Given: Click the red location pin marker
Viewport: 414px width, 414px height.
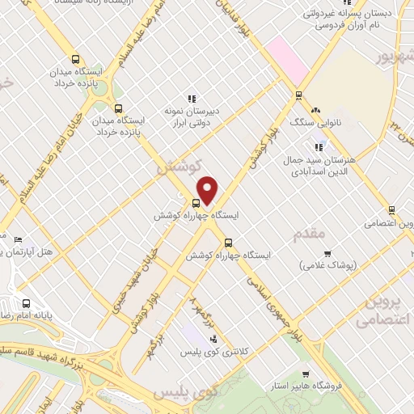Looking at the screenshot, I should click(x=208, y=190).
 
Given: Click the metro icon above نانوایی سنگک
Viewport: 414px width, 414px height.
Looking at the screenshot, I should click(x=298, y=95).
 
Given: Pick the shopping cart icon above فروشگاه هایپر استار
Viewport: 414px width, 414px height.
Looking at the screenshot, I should click(x=305, y=374).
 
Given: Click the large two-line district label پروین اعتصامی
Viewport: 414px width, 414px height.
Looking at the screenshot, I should click(x=380, y=311).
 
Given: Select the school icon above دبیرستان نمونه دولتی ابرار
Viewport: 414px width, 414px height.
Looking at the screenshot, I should click(x=193, y=97).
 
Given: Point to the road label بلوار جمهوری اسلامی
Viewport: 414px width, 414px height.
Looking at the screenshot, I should click(x=275, y=305).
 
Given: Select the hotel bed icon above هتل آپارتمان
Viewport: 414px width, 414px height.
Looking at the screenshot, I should click(x=18, y=240).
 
